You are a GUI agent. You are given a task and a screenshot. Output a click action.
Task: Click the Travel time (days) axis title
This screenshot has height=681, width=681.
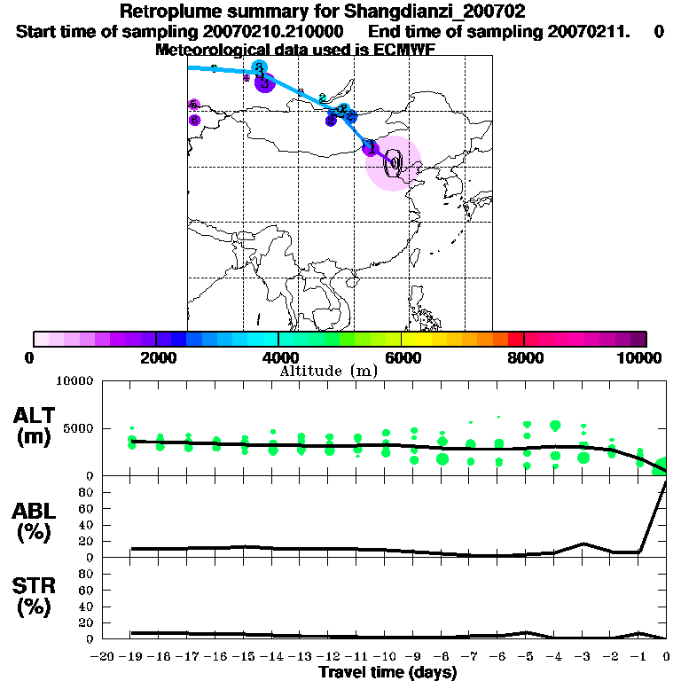coord(387,673)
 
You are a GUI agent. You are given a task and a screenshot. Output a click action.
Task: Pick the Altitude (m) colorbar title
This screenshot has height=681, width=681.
coord(328,371)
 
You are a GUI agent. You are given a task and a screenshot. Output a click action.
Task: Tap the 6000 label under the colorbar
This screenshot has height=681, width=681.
coord(401,357)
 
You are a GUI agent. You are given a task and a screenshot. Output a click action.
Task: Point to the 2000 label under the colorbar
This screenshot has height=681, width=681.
coord(155,357)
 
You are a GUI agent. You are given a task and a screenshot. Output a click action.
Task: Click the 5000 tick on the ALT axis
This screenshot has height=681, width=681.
coord(80,428)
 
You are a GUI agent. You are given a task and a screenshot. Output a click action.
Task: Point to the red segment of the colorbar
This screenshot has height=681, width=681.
coord(515,339)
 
